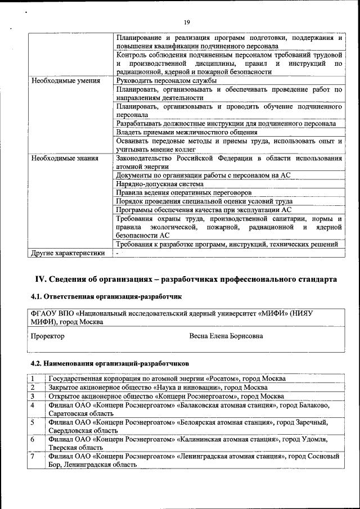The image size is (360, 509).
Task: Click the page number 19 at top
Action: pyautogui.click(x=187, y=22)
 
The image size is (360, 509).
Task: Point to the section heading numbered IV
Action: pyautogui.click(x=186, y=279)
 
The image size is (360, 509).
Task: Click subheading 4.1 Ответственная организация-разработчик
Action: pyautogui.click(x=106, y=296)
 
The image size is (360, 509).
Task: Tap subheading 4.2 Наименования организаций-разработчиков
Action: pyautogui.click(x=110, y=363)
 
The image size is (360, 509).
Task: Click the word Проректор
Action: pyautogui.click(x=47, y=336)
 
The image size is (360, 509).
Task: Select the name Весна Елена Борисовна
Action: pyautogui.click(x=227, y=336)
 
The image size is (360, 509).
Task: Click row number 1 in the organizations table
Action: pyautogui.click(x=33, y=379)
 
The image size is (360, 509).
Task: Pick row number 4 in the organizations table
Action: pyautogui.click(x=33, y=405)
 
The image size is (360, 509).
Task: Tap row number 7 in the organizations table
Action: pyautogui.click(x=33, y=457)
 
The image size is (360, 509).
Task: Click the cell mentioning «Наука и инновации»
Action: pyautogui.click(x=158, y=388)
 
